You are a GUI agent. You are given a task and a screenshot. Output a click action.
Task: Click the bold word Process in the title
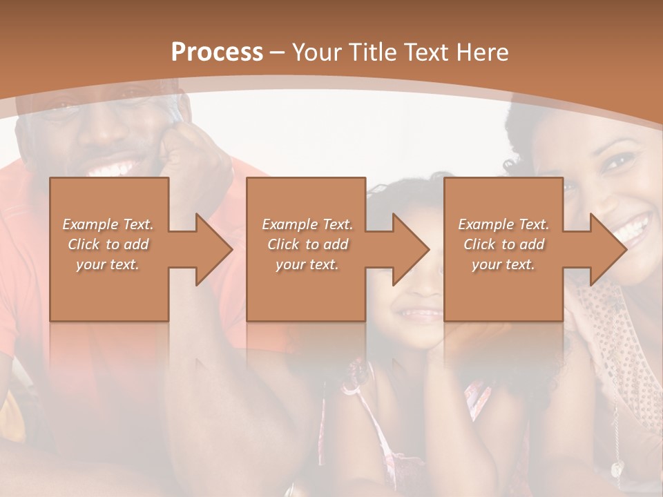(217, 52)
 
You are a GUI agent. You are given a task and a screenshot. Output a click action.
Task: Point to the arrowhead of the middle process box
(410, 250)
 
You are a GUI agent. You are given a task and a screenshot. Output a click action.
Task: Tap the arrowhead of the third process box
(608, 250)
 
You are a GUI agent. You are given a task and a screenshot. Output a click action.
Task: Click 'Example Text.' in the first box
(108, 224)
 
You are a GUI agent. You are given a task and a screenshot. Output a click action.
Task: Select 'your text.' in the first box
(108, 264)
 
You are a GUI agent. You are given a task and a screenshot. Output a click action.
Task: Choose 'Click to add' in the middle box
(307, 244)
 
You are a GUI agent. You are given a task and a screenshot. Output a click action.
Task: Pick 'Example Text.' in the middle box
(307, 224)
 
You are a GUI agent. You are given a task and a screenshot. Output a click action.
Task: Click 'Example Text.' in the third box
(503, 224)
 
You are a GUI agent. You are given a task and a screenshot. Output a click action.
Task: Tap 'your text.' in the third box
(503, 264)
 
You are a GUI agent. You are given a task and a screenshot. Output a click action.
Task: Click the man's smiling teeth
(115, 168)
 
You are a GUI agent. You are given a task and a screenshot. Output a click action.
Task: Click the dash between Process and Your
(278, 52)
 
